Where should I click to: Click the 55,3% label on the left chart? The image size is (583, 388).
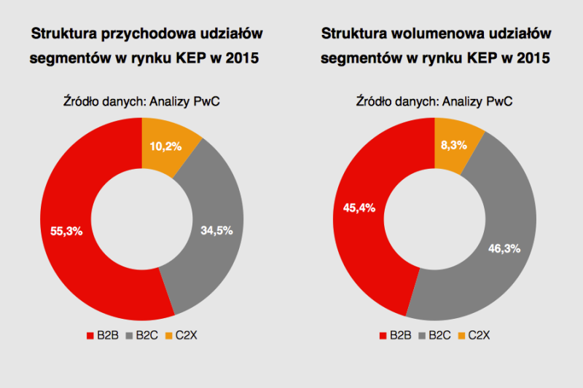pyautogui.click(x=66, y=231)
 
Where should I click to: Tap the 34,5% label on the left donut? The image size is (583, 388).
pyautogui.click(x=216, y=231)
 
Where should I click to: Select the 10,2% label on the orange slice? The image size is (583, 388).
pyautogui.click(x=166, y=146)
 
